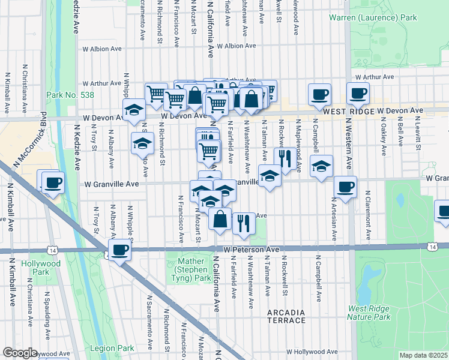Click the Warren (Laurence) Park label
[x=373, y=18]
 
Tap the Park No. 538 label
[x=67, y=95]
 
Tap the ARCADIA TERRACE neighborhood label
[x=287, y=317]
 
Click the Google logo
[x=20, y=353]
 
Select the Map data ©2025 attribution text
[x=423, y=355]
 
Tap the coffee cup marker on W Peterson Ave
[x=119, y=249]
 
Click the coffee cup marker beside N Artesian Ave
[x=345, y=187]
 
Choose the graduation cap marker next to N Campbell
[x=321, y=166]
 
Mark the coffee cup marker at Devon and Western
[x=358, y=93]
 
